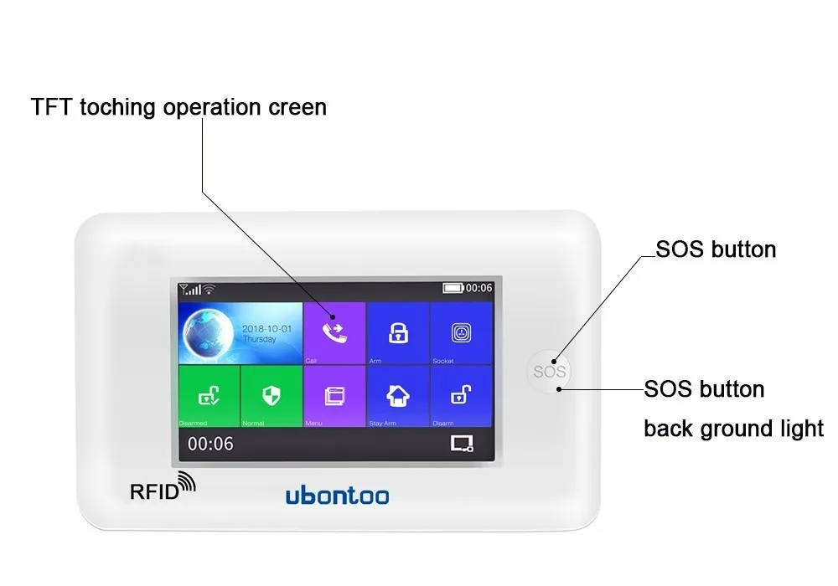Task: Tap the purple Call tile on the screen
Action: click(334, 332)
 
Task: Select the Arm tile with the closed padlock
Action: click(398, 332)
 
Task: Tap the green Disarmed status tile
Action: click(209, 395)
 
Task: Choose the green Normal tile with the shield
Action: click(271, 395)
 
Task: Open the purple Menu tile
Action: click(334, 395)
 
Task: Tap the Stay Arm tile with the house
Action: click(398, 395)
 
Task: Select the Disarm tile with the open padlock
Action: click(461, 395)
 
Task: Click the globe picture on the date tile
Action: click(209, 333)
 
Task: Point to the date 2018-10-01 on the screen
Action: click(266, 329)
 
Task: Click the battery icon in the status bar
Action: click(453, 288)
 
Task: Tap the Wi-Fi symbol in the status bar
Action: click(209, 289)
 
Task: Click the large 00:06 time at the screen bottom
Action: click(210, 444)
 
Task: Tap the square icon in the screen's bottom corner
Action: click(462, 444)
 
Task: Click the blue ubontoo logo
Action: click(337, 496)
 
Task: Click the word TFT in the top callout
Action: click(51, 108)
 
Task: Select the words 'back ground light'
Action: click(733, 429)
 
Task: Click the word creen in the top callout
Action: click(297, 108)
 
